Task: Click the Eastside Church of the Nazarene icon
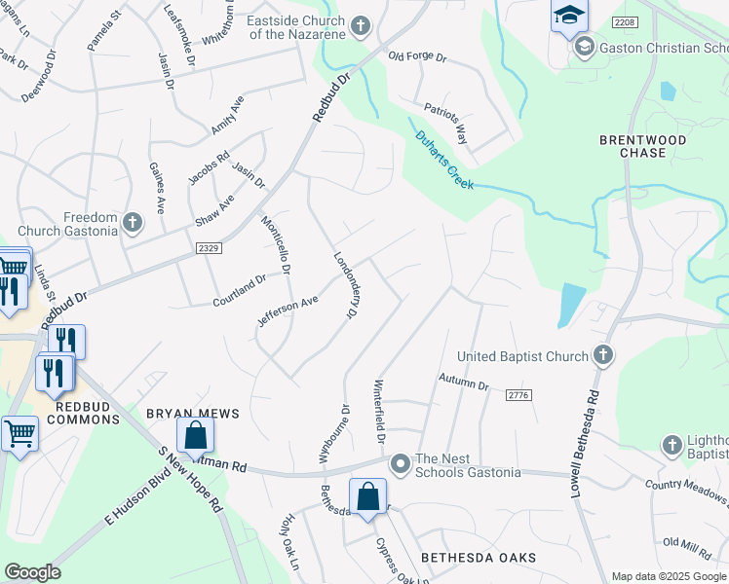[361, 25]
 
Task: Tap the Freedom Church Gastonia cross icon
[131, 225]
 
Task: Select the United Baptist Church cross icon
[603, 355]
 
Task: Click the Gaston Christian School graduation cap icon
[584, 47]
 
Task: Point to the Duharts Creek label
[443, 160]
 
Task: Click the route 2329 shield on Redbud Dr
[208, 248]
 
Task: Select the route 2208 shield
[625, 21]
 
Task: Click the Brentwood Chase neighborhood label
[643, 146]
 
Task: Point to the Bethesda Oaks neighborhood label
[479, 557]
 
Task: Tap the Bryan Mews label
[192, 414]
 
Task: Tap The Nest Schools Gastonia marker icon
[400, 464]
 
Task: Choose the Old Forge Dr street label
[416, 58]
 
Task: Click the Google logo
[32, 572]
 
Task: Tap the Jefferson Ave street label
[288, 314]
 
